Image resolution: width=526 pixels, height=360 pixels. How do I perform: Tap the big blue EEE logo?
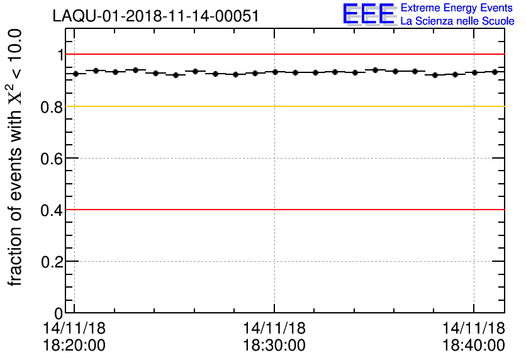tap(369, 14)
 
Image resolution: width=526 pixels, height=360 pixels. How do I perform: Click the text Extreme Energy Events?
tap(457, 8)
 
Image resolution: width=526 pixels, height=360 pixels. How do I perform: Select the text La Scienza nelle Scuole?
tap(457, 21)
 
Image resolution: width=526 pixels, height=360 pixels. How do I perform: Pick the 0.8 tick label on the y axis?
tap(52, 107)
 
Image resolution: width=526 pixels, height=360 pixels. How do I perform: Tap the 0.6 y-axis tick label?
tap(52, 159)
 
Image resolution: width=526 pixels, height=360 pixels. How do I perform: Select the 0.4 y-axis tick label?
tap(52, 210)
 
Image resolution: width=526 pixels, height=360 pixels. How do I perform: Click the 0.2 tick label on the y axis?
tap(52, 262)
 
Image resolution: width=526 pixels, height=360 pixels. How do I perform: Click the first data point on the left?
tap(76, 74)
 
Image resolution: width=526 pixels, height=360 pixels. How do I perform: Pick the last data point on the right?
tap(495, 72)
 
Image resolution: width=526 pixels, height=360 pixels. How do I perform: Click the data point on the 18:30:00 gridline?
tap(275, 72)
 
